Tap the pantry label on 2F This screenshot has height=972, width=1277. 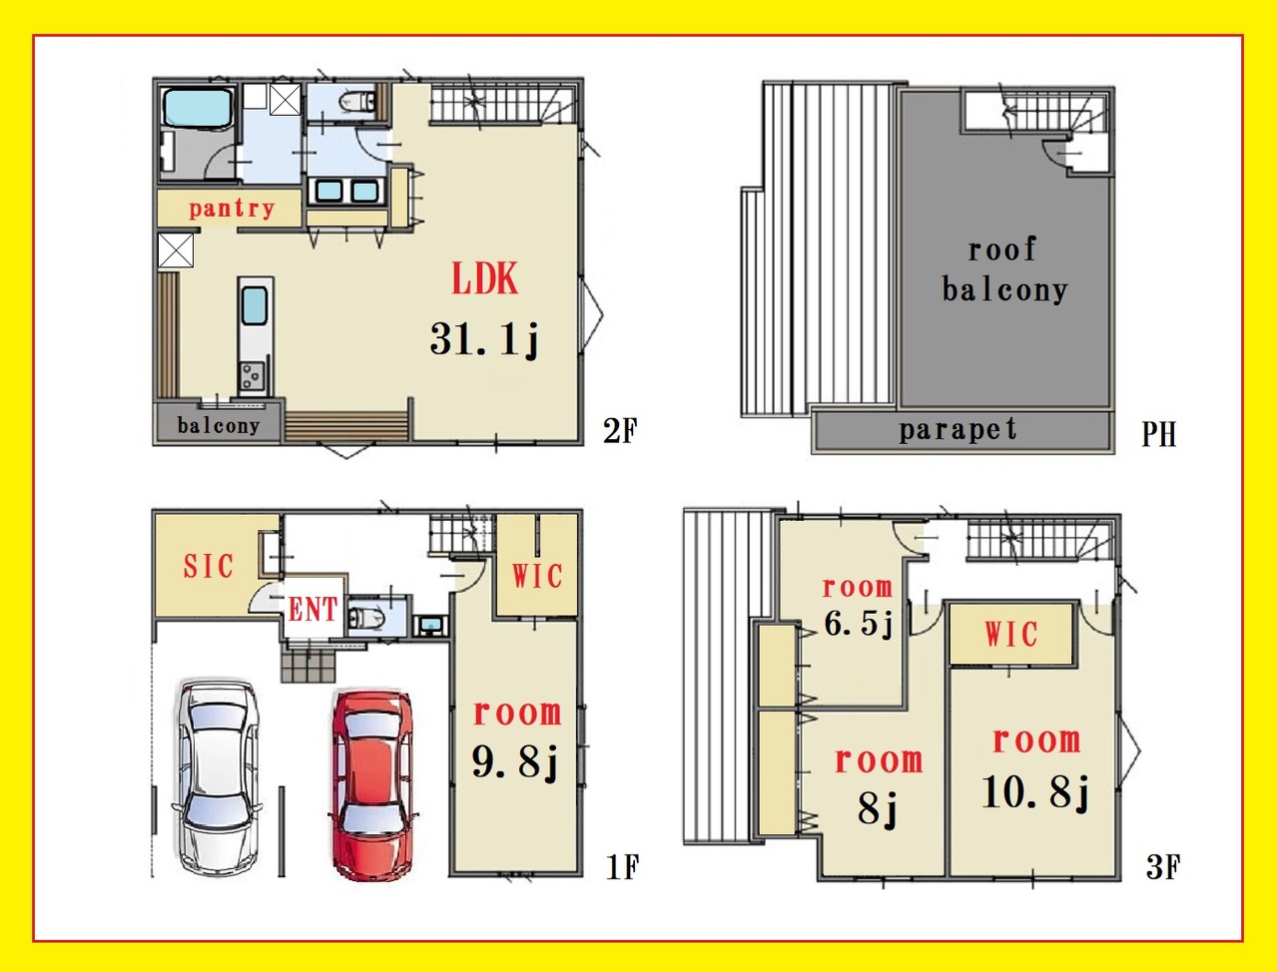tap(232, 209)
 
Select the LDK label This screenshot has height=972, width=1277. tap(484, 279)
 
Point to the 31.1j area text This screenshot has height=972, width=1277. tap(484, 339)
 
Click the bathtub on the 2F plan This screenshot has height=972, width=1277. tap(198, 108)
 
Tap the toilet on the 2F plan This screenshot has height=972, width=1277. tap(357, 102)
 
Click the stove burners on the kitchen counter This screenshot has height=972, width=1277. tap(252, 375)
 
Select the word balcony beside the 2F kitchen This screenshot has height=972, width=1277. tap(219, 425)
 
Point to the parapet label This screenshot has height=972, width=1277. tap(958, 430)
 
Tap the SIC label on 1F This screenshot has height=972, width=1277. tap(209, 566)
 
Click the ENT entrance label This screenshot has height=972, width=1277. tap(313, 610)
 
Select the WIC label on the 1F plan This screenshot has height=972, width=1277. tap(537, 576)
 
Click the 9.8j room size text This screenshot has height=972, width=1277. tap(514, 761)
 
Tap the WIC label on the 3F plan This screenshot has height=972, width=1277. tap(1011, 635)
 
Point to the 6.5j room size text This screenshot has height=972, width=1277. tap(858, 623)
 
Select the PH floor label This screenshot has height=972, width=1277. tap(1158, 434)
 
